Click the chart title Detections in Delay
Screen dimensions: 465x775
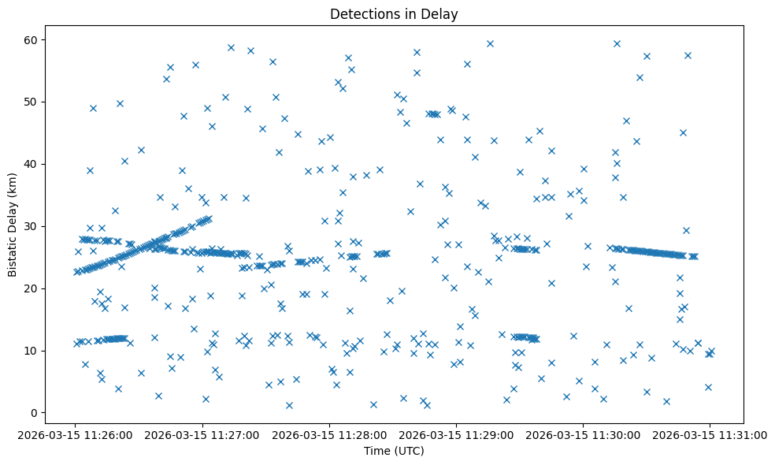(394, 14)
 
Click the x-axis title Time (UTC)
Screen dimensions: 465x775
(394, 451)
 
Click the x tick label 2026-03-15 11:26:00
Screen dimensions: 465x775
(76, 434)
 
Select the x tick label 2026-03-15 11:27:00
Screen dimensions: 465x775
(202, 434)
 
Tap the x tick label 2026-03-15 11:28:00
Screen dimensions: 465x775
(329, 434)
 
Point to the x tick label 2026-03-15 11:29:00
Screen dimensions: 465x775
(456, 434)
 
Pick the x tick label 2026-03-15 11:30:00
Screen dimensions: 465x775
(583, 434)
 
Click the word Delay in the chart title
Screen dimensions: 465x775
(442, 14)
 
